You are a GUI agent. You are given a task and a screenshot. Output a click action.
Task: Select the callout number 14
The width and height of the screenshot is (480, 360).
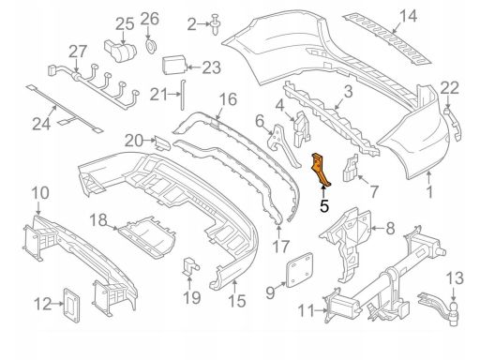coord(407,14)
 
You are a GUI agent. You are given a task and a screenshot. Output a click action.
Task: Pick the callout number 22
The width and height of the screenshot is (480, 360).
coord(450,88)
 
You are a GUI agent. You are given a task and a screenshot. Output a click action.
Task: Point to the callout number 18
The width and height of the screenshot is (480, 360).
coord(98,219)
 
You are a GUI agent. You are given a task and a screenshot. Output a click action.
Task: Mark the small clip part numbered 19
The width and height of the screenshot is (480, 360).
coord(190,265)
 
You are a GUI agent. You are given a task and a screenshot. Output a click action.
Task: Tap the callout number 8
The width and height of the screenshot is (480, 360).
coord(391,227)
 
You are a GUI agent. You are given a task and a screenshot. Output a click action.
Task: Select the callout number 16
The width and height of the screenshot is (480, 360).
coord(228,99)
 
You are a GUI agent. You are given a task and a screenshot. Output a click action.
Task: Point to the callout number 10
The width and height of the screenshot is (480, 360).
coord(40,193)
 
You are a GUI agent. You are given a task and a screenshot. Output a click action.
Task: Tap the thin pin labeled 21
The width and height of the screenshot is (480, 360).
coord(183,92)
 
